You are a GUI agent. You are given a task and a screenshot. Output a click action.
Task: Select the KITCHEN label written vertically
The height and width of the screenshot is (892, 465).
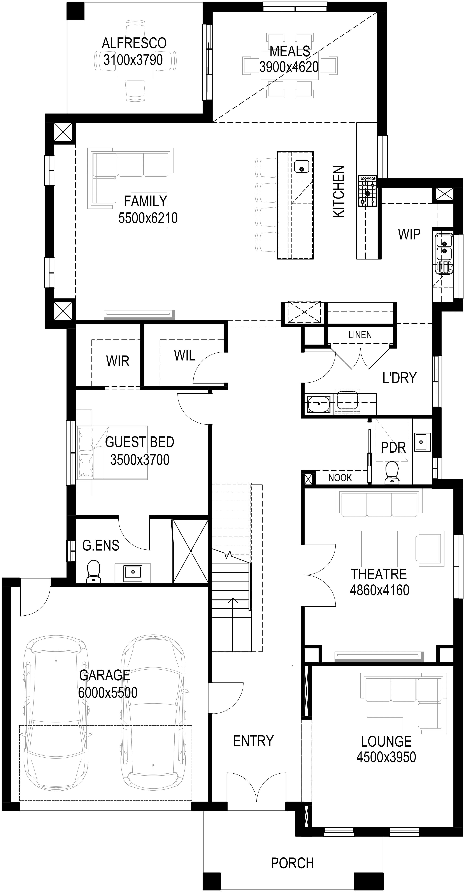coord(339,191)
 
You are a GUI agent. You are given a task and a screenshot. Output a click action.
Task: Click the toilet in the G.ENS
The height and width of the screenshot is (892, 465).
coord(93,571)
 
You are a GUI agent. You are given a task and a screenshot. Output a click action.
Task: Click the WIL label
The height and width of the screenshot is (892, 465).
coord(184,355)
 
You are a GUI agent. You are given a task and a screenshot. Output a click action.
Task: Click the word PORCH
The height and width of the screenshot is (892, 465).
coord(292,863)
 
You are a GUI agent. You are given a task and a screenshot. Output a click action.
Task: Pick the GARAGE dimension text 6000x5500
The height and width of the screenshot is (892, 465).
coord(108,693)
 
